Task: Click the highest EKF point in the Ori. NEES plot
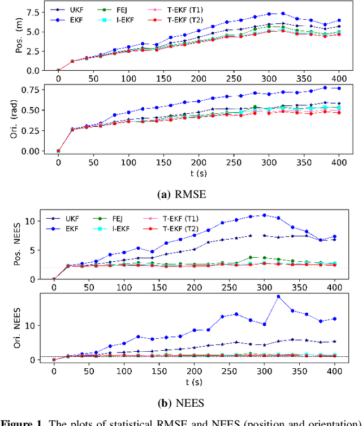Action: click(278, 297)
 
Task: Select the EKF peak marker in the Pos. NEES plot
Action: click(264, 215)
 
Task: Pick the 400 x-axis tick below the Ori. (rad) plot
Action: click(339, 162)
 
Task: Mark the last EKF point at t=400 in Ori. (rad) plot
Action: click(339, 88)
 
